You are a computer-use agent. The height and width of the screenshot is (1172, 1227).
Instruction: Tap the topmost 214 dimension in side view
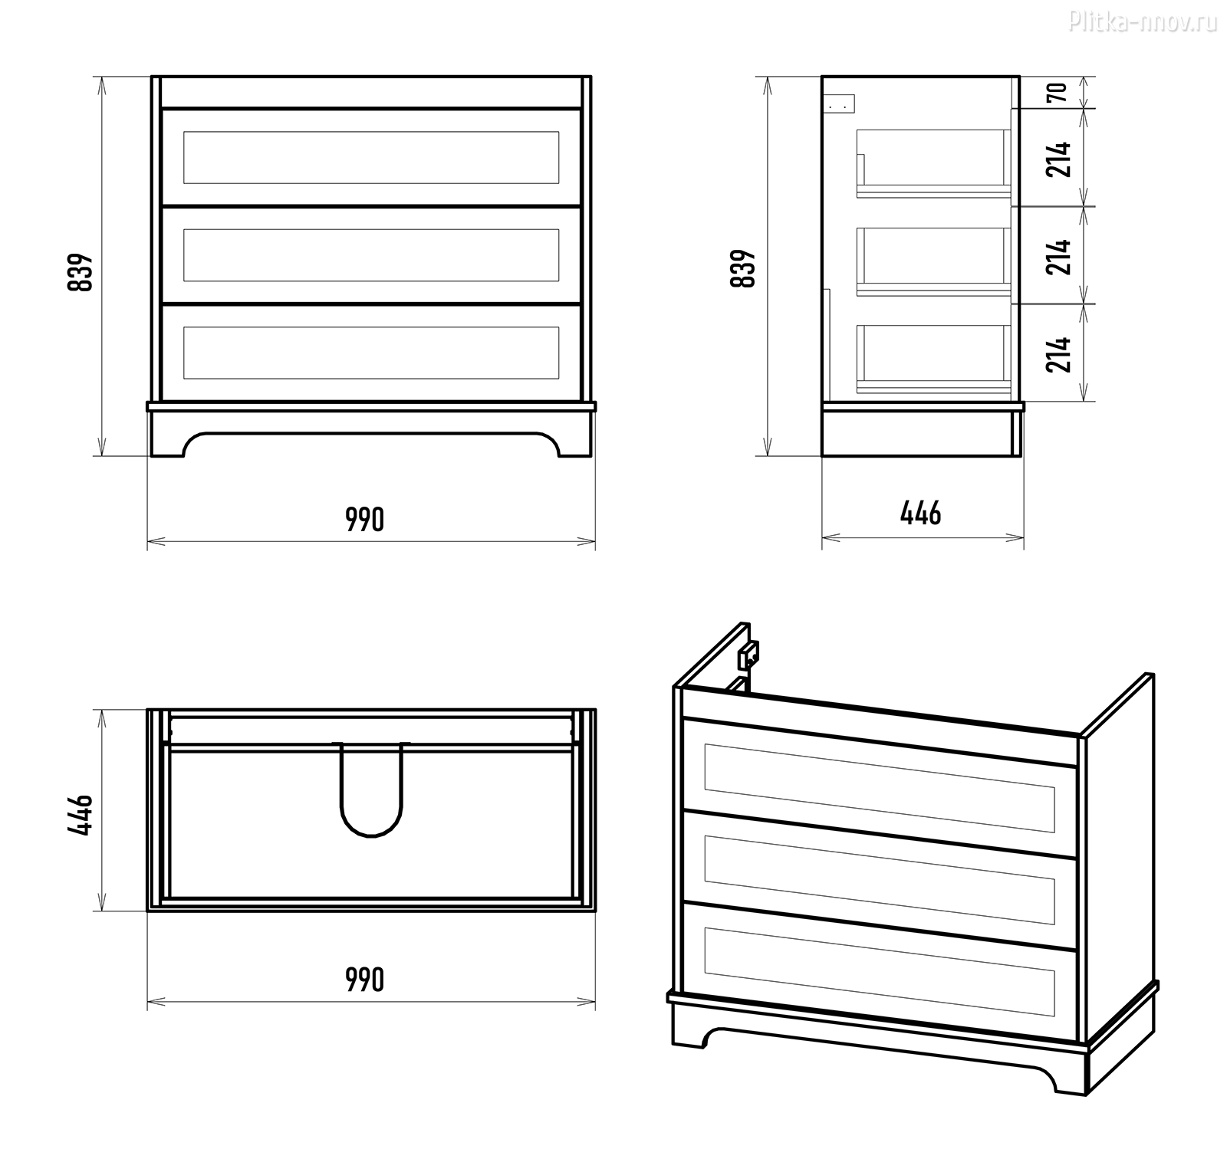(1059, 159)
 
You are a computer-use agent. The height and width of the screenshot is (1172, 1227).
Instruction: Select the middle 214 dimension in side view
(1059, 257)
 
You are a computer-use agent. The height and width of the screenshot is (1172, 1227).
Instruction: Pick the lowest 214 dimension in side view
(1059, 354)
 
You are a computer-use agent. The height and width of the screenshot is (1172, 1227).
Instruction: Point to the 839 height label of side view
(743, 268)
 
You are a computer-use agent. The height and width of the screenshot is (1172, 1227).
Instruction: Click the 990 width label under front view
(364, 520)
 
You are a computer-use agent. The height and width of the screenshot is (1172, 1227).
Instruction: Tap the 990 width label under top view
(364, 980)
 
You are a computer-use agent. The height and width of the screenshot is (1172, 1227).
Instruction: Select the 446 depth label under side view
(920, 513)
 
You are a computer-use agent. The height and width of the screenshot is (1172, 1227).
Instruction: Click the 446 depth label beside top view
(81, 815)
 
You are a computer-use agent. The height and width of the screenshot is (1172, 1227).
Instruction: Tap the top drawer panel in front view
(371, 157)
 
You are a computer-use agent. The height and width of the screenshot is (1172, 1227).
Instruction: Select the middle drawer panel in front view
(371, 255)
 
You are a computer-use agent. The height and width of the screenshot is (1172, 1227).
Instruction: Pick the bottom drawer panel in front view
(371, 353)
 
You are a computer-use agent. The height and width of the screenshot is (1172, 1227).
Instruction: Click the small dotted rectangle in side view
(841, 103)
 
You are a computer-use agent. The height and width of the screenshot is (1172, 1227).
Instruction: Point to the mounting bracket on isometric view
(748, 653)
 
